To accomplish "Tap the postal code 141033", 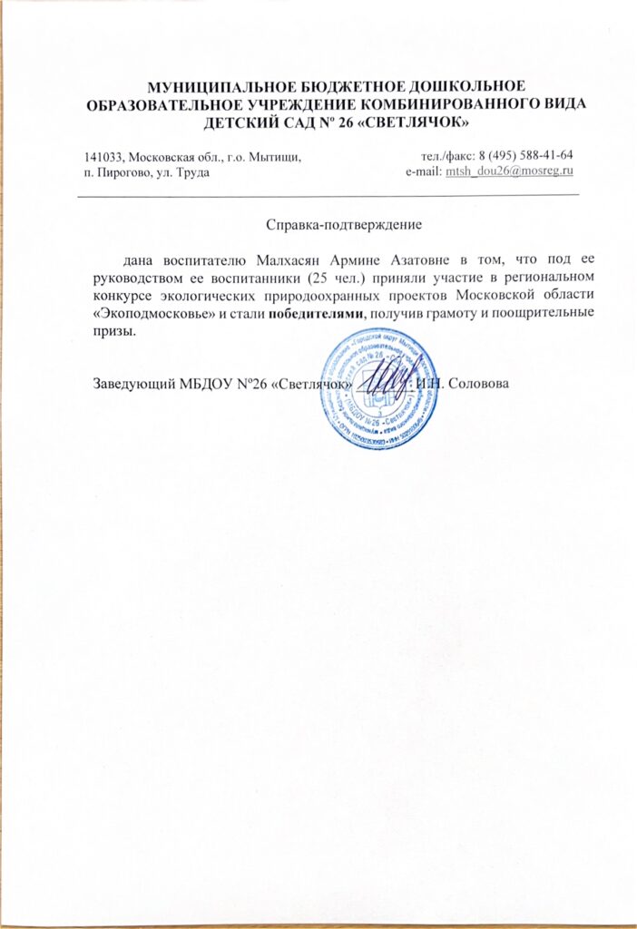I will pyautogui.click(x=101, y=156).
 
